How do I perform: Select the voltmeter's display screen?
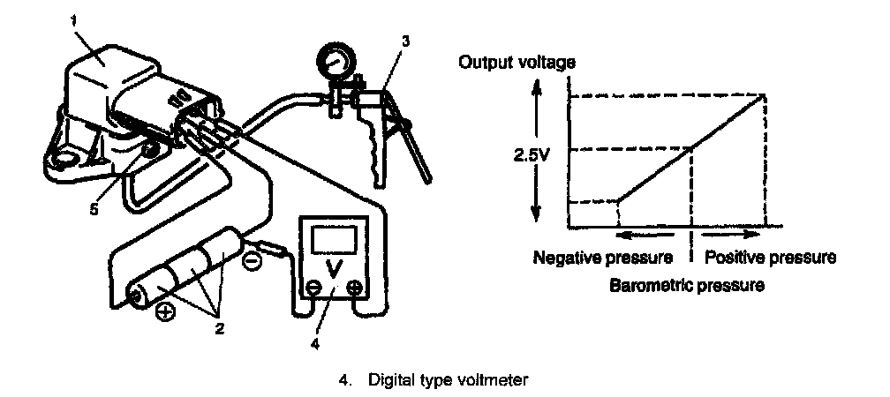coord(333,238)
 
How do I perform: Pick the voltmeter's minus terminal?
coord(313,287)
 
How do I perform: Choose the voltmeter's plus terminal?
coord(353,287)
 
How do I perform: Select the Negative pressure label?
coord(602,258)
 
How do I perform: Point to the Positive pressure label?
coord(768,258)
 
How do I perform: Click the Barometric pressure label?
coord(686,286)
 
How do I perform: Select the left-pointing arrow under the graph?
coord(637,236)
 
